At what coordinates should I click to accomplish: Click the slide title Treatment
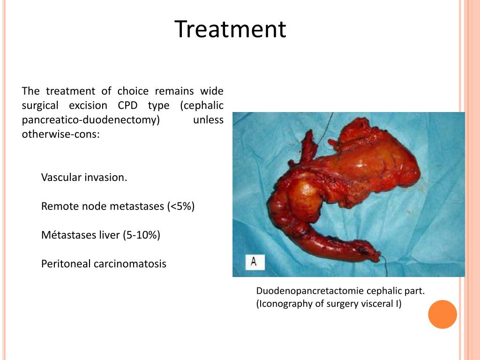(230, 29)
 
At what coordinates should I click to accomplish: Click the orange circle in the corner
(442, 314)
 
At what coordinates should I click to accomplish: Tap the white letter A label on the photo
(254, 262)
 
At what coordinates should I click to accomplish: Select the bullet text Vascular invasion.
(84, 178)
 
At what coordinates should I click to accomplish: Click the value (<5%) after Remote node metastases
(180, 206)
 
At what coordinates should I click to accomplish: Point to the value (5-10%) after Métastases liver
(142, 235)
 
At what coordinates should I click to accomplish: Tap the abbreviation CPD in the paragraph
(127, 105)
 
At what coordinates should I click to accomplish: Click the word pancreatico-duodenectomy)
(91, 120)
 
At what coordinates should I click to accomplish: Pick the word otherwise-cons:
(60, 135)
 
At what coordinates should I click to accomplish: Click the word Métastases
(65, 235)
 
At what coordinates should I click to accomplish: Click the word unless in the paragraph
(208, 120)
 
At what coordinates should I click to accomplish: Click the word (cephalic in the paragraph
(202, 105)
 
